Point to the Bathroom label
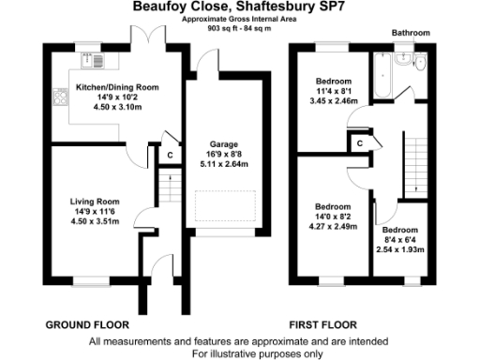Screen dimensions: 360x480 click(411, 33)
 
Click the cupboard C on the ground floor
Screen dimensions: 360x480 click(170, 156)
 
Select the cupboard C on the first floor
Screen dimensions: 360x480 click(359, 142)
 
